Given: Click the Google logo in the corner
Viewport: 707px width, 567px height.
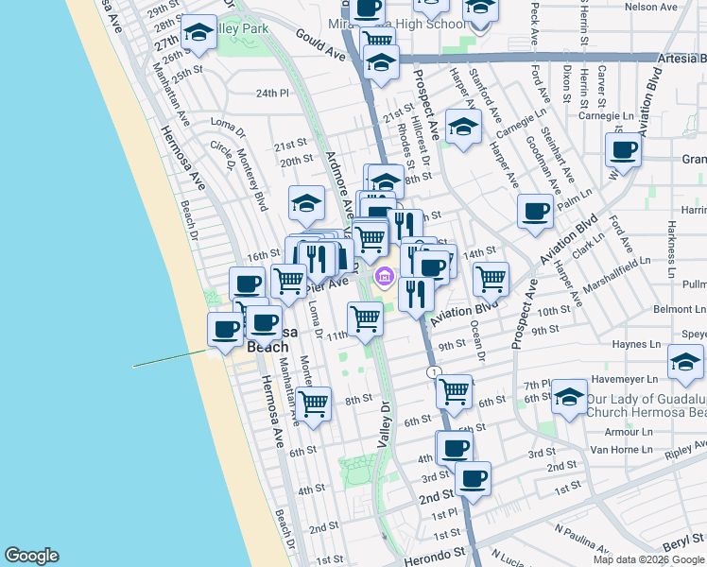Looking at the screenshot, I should pyautogui.click(x=31, y=556).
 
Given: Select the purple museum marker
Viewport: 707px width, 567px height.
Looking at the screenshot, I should pyautogui.click(x=385, y=277).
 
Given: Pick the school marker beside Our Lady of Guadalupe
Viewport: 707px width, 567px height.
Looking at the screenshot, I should pyautogui.click(x=570, y=398).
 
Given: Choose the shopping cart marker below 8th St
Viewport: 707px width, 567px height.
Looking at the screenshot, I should pyautogui.click(x=314, y=404).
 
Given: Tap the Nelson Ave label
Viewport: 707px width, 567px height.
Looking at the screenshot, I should pyautogui.click(x=651, y=7).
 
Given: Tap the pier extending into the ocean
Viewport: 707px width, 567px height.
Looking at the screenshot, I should pyautogui.click(x=170, y=358).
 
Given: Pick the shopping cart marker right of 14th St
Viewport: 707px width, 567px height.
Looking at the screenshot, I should pyautogui.click(x=491, y=280).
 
